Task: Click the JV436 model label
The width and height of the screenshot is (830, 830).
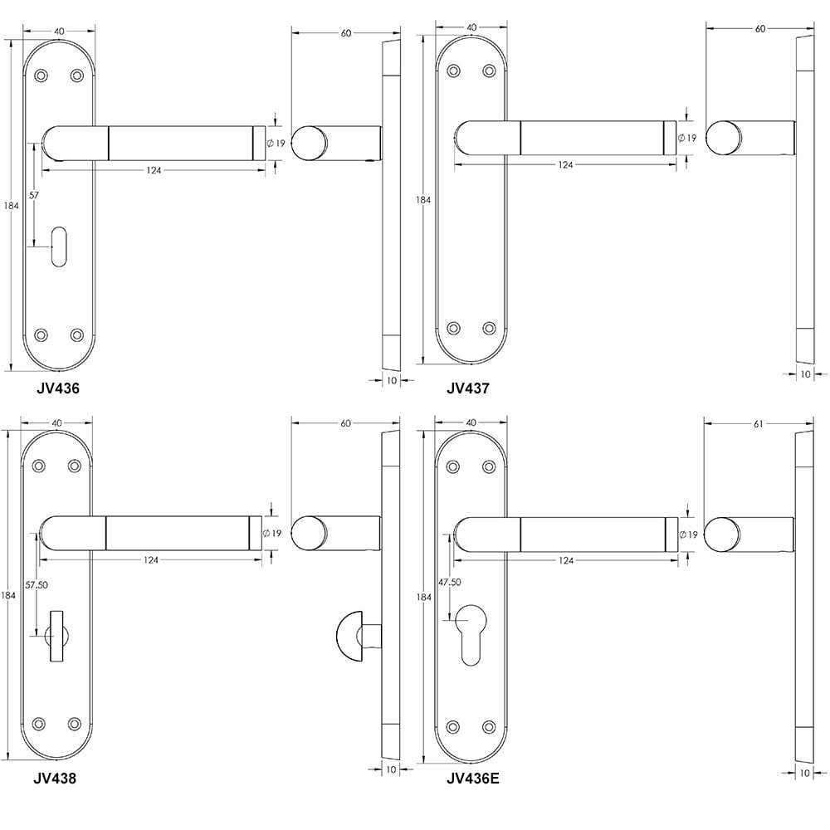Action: [x=58, y=388]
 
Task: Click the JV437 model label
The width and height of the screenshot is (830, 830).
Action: [x=468, y=388]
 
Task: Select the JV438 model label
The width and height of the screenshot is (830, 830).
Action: [x=55, y=779]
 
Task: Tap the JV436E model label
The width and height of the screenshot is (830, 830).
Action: [x=473, y=779]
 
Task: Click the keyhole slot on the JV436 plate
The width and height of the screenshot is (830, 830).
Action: [x=59, y=247]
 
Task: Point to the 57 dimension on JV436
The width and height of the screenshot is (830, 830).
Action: [x=34, y=195]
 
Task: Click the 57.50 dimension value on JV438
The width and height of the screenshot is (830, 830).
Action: [x=37, y=585]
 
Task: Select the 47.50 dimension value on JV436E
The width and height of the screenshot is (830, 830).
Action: [x=449, y=582]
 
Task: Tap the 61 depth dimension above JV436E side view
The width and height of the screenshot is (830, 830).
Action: [x=758, y=423]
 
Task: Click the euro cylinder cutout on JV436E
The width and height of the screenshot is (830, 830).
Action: [x=471, y=634]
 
